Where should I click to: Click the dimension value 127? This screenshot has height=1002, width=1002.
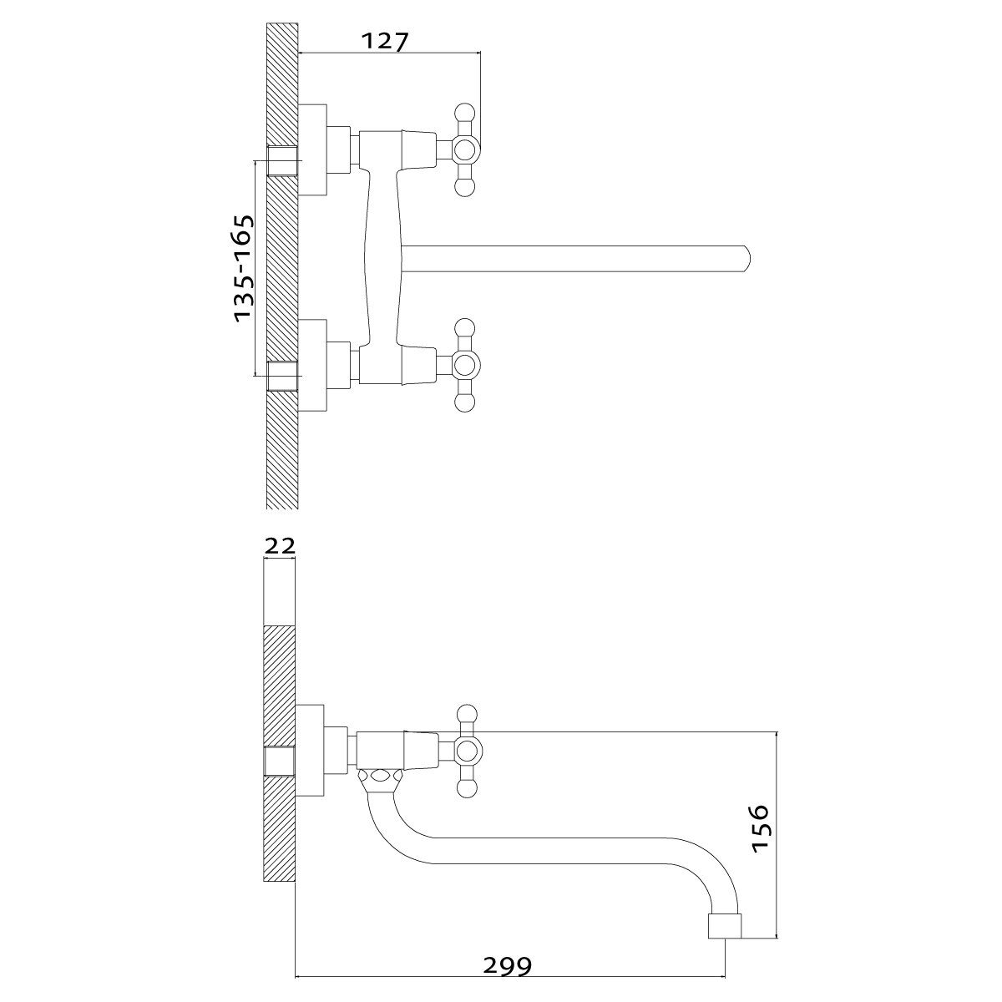point(385,41)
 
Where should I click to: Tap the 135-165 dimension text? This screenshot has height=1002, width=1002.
point(243,268)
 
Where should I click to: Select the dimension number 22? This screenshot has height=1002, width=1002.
point(280,545)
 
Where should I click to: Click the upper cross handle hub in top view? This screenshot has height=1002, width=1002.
point(464,151)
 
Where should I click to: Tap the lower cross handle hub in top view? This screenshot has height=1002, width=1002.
point(464,366)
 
